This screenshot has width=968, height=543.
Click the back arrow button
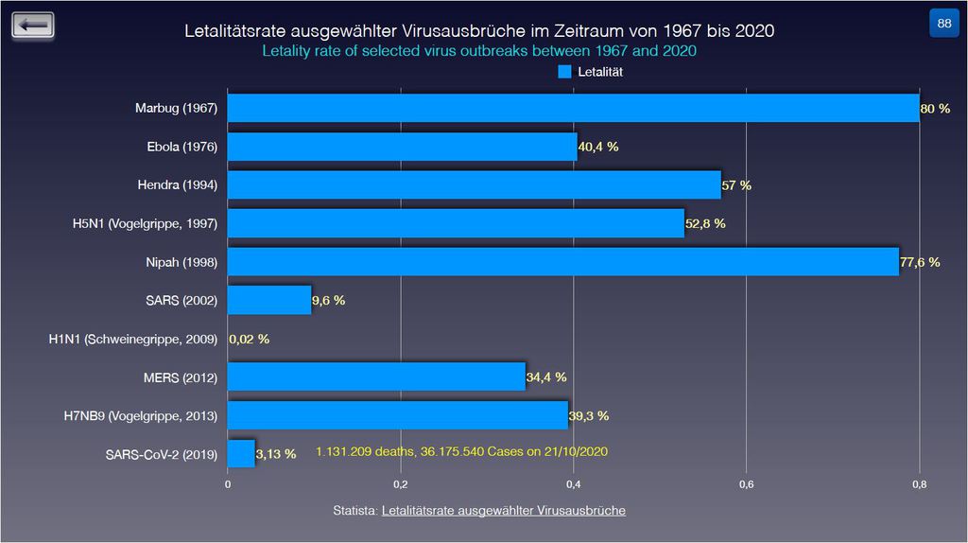[x=33, y=26]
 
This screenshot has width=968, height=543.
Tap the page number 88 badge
[x=943, y=24]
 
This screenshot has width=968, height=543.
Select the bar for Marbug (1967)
[x=573, y=108]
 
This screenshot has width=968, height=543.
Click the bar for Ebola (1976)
[x=402, y=147]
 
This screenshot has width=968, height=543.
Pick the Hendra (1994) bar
[x=474, y=184]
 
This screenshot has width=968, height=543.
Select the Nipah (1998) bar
[x=562, y=261]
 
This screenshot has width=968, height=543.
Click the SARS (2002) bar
[x=269, y=300]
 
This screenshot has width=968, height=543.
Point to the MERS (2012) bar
[x=376, y=377]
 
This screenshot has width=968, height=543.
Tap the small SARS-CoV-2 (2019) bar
[x=241, y=453]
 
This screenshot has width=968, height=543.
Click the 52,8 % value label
[x=705, y=223]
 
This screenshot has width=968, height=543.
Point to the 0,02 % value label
[x=249, y=339]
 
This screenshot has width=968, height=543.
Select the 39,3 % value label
[x=588, y=415]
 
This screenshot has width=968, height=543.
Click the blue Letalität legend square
[x=565, y=71]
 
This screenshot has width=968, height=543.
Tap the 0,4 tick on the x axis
[x=573, y=484]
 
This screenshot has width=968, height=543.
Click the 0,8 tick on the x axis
[x=919, y=484]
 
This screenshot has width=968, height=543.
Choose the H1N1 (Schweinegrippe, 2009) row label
[x=133, y=339]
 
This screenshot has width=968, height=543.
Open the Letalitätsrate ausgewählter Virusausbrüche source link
[x=503, y=511]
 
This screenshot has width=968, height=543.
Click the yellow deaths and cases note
[x=461, y=452]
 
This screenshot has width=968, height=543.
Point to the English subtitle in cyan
[x=478, y=50]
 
